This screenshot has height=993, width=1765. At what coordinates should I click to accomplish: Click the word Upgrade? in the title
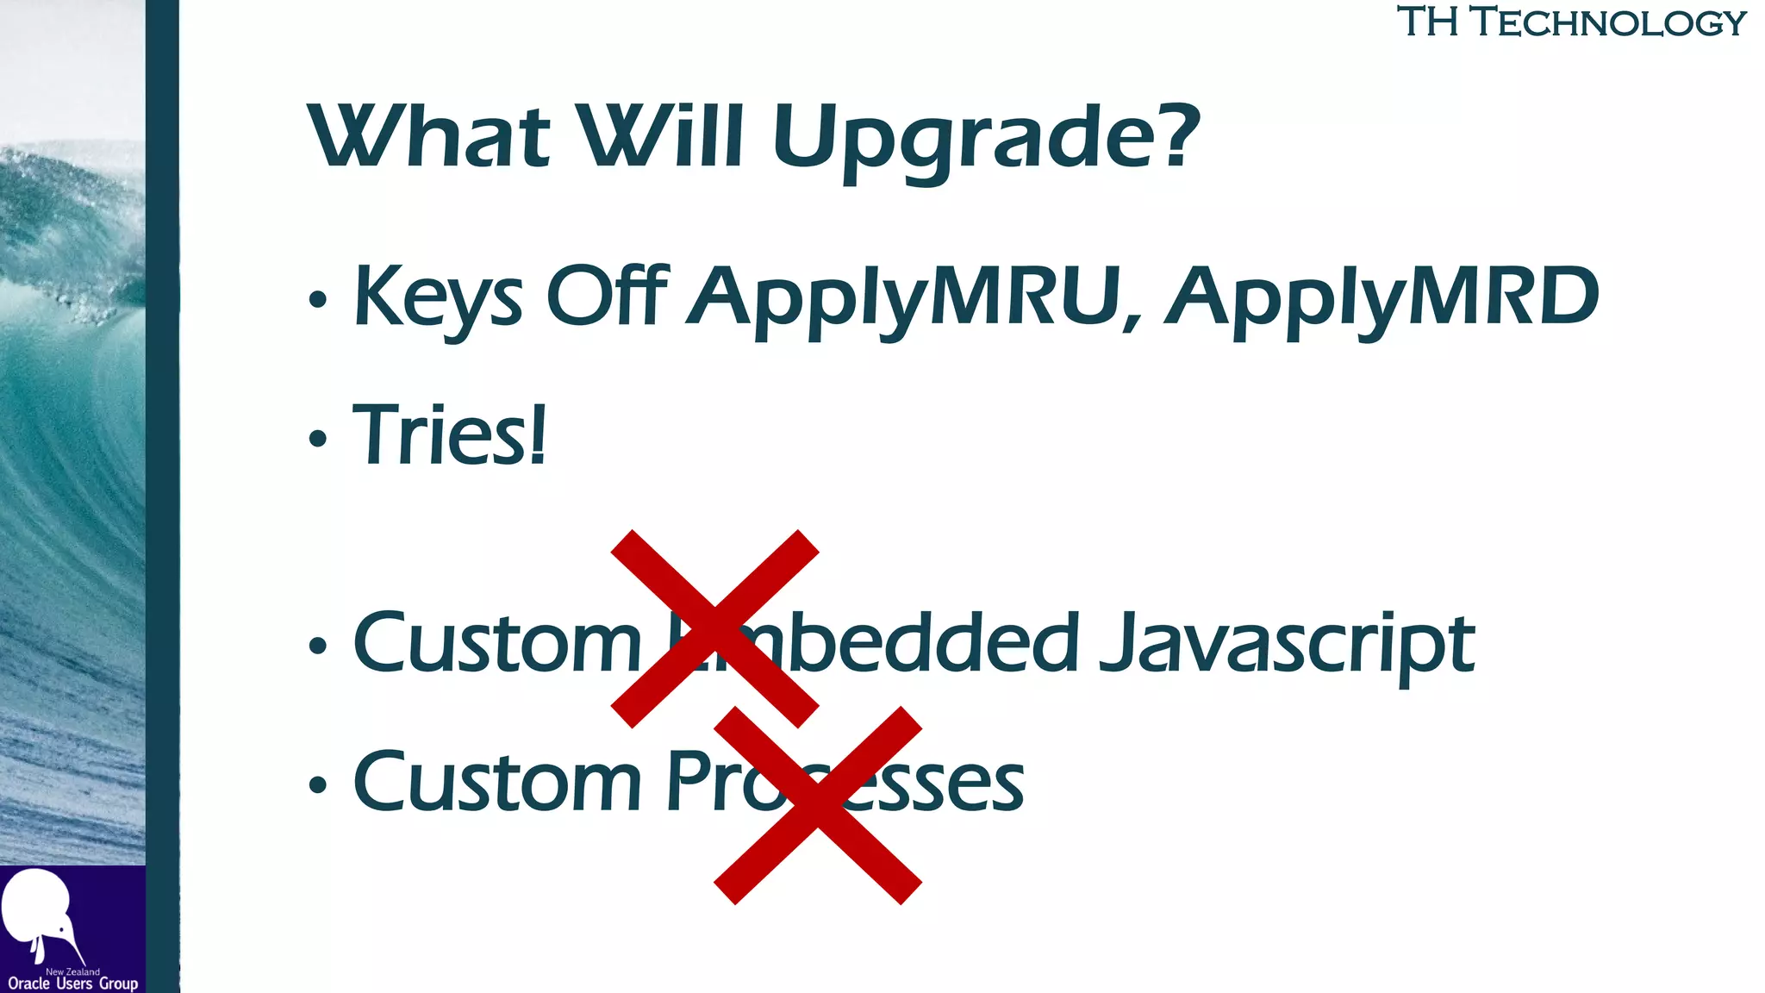click(x=985, y=138)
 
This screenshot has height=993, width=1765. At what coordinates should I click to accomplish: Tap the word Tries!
click(x=449, y=435)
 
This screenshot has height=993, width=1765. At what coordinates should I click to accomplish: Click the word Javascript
click(x=1287, y=644)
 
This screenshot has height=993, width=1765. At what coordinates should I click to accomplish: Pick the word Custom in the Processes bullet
click(x=497, y=782)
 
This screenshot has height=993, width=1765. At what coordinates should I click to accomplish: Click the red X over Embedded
click(x=714, y=628)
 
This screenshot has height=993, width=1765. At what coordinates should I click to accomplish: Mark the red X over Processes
click(x=818, y=805)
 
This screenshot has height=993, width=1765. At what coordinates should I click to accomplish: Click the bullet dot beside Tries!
click(x=318, y=439)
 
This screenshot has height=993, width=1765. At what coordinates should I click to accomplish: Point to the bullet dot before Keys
click(x=318, y=300)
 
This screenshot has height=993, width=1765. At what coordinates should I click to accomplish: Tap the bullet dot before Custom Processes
click(x=318, y=785)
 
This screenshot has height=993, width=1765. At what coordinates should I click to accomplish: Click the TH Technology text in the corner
click(x=1571, y=22)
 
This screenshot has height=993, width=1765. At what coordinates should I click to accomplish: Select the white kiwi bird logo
click(x=39, y=914)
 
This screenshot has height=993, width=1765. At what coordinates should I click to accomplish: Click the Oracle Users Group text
click(x=72, y=984)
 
